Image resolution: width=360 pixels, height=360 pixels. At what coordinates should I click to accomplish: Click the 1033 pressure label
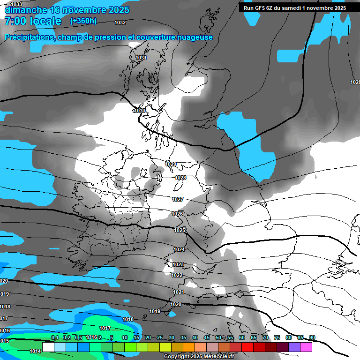pyautogui.click(x=16, y=4)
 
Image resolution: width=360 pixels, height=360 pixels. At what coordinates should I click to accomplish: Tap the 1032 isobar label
pyautogui.click(x=120, y=22)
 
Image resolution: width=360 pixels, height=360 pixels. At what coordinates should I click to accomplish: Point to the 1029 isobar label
pyautogui.click(x=171, y=164)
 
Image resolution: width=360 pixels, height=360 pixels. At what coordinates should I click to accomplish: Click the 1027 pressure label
pyautogui.click(x=177, y=199)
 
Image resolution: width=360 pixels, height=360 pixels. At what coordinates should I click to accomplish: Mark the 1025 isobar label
pyautogui.click(x=180, y=230)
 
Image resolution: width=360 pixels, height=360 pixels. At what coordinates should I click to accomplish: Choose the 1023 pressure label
pyautogui.click(x=178, y=264)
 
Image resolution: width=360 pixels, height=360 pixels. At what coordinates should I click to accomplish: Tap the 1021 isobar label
pyautogui.click(x=179, y=292)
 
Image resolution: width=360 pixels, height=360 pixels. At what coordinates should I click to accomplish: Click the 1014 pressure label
pyautogui.click(x=35, y=351)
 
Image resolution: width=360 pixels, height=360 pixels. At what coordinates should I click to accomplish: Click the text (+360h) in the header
pyautogui.click(x=83, y=21)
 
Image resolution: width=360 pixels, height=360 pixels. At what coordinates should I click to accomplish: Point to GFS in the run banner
pyautogui.click(x=260, y=8)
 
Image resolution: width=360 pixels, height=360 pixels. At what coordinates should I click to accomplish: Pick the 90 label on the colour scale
pyautogui.click(x=312, y=337)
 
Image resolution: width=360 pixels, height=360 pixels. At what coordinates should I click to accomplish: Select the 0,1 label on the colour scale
pyautogui.click(x=54, y=337)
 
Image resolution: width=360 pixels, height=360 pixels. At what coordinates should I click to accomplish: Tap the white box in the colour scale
pyautogui.click(x=48, y=347)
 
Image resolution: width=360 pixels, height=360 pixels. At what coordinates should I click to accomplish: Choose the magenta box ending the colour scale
pyautogui.click(x=306, y=347)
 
